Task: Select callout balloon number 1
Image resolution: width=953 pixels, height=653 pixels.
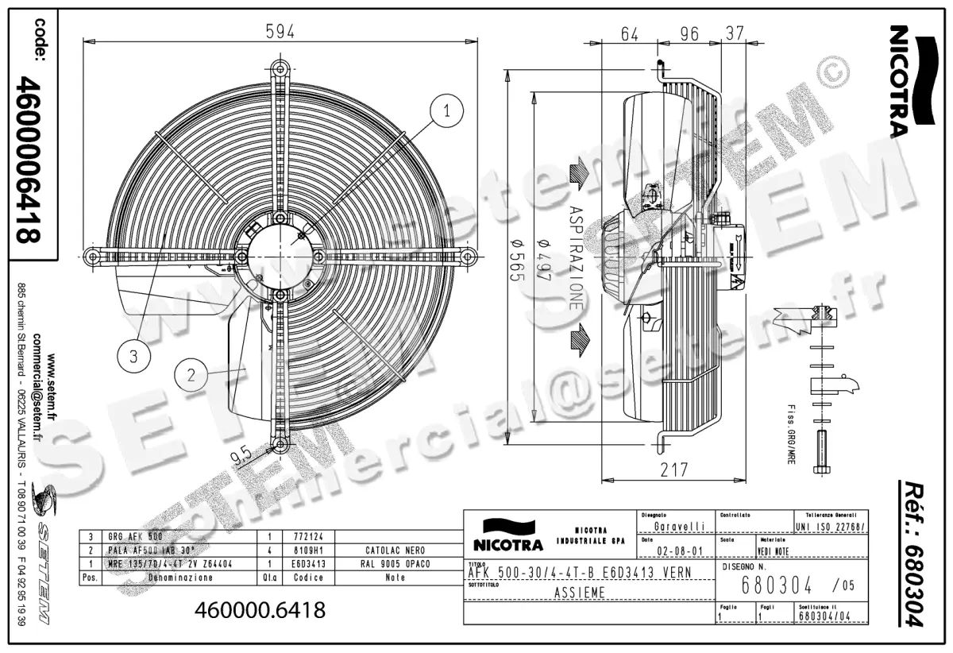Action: click(x=448, y=111)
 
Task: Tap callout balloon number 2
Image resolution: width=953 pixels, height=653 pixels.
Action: click(x=191, y=373)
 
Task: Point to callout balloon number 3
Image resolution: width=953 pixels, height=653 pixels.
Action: click(x=133, y=357)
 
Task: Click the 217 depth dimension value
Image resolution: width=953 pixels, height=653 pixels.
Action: click(x=674, y=469)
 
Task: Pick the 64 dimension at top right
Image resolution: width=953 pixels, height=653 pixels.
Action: click(x=630, y=34)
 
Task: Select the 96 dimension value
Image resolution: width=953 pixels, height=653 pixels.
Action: click(x=689, y=34)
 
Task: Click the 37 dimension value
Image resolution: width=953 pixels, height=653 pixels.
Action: click(x=733, y=34)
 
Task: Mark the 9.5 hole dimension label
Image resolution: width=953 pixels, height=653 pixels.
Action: click(x=241, y=454)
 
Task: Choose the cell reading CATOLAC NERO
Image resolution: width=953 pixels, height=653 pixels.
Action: click(x=395, y=550)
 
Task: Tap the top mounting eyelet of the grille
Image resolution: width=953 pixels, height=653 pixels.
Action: click(x=278, y=68)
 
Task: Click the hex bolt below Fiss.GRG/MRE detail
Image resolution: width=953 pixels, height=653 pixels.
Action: click(x=821, y=451)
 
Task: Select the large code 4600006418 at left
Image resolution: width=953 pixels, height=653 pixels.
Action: click(x=29, y=159)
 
